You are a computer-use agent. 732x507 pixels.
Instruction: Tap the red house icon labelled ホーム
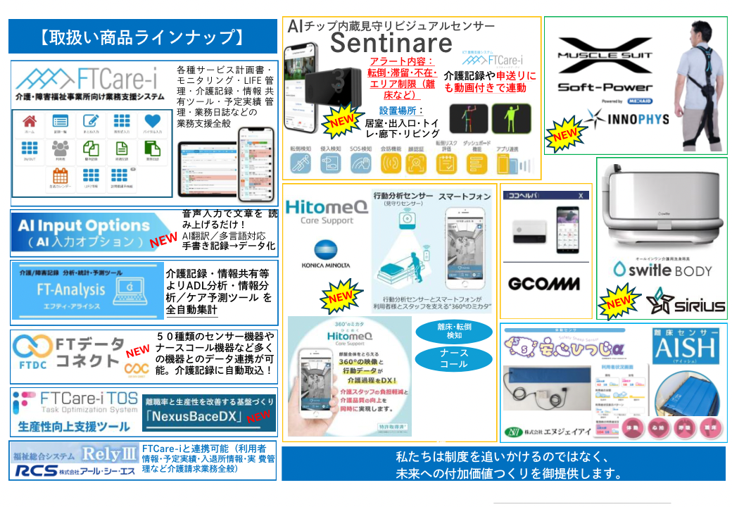(x=30, y=123)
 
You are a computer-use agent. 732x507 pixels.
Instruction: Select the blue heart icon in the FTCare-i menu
(x=153, y=123)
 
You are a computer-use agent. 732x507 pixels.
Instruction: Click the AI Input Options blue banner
(x=83, y=233)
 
